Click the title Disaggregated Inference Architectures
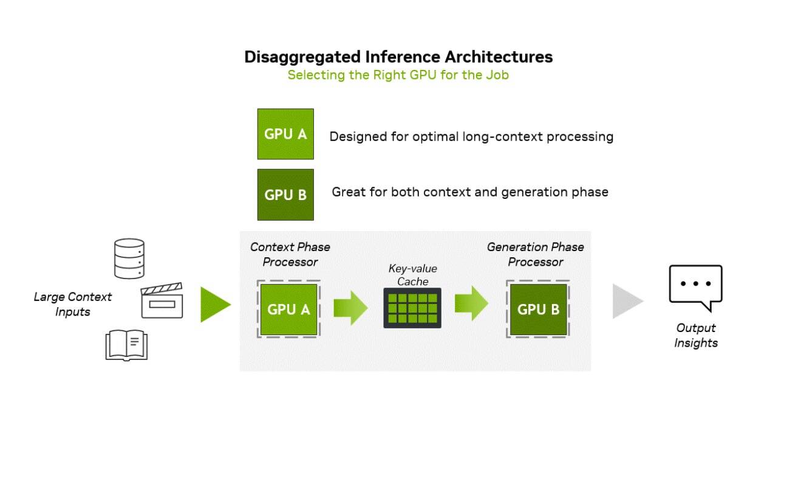coord(398,57)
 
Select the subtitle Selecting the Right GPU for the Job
coord(398,75)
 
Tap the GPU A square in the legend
coord(285,134)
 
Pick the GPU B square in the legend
coord(285,195)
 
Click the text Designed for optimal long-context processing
coord(471,137)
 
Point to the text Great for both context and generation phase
coord(469,192)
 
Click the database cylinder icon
coord(129,258)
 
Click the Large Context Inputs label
coord(72,304)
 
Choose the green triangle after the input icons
coord(214,304)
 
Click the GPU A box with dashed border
coord(288,309)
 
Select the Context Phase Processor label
coord(290,254)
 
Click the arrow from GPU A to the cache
coord(350,308)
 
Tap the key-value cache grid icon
coord(412,308)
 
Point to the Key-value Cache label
coord(412,274)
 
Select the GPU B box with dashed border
coord(538,309)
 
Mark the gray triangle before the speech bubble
coord(626,301)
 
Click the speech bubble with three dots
coord(695,286)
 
